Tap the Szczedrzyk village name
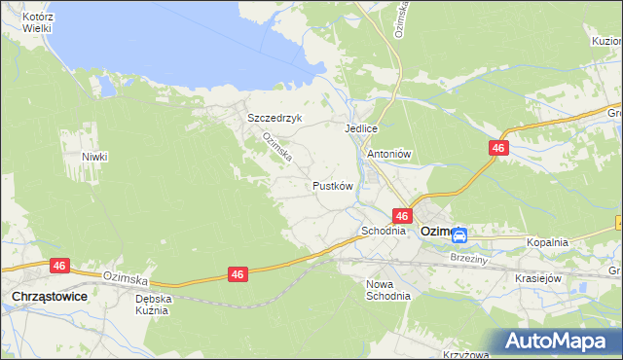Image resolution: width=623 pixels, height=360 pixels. coord(275,118)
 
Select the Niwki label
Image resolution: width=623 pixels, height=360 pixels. coord(94,157)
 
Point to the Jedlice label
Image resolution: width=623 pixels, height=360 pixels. coord(360,128)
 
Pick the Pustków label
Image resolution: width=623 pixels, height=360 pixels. coord(332,185)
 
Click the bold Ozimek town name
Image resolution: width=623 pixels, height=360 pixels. coord(437,233)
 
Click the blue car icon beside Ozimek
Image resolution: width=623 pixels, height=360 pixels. coord(460,234)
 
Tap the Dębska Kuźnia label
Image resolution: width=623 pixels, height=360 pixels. coord(153,306)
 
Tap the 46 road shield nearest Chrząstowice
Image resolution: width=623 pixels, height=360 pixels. coord(58,266)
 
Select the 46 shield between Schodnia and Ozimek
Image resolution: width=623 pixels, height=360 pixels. coord(402,216)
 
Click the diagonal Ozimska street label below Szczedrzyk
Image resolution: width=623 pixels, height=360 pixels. coord(275,149)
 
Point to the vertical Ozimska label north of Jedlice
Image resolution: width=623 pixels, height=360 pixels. coord(399,19)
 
